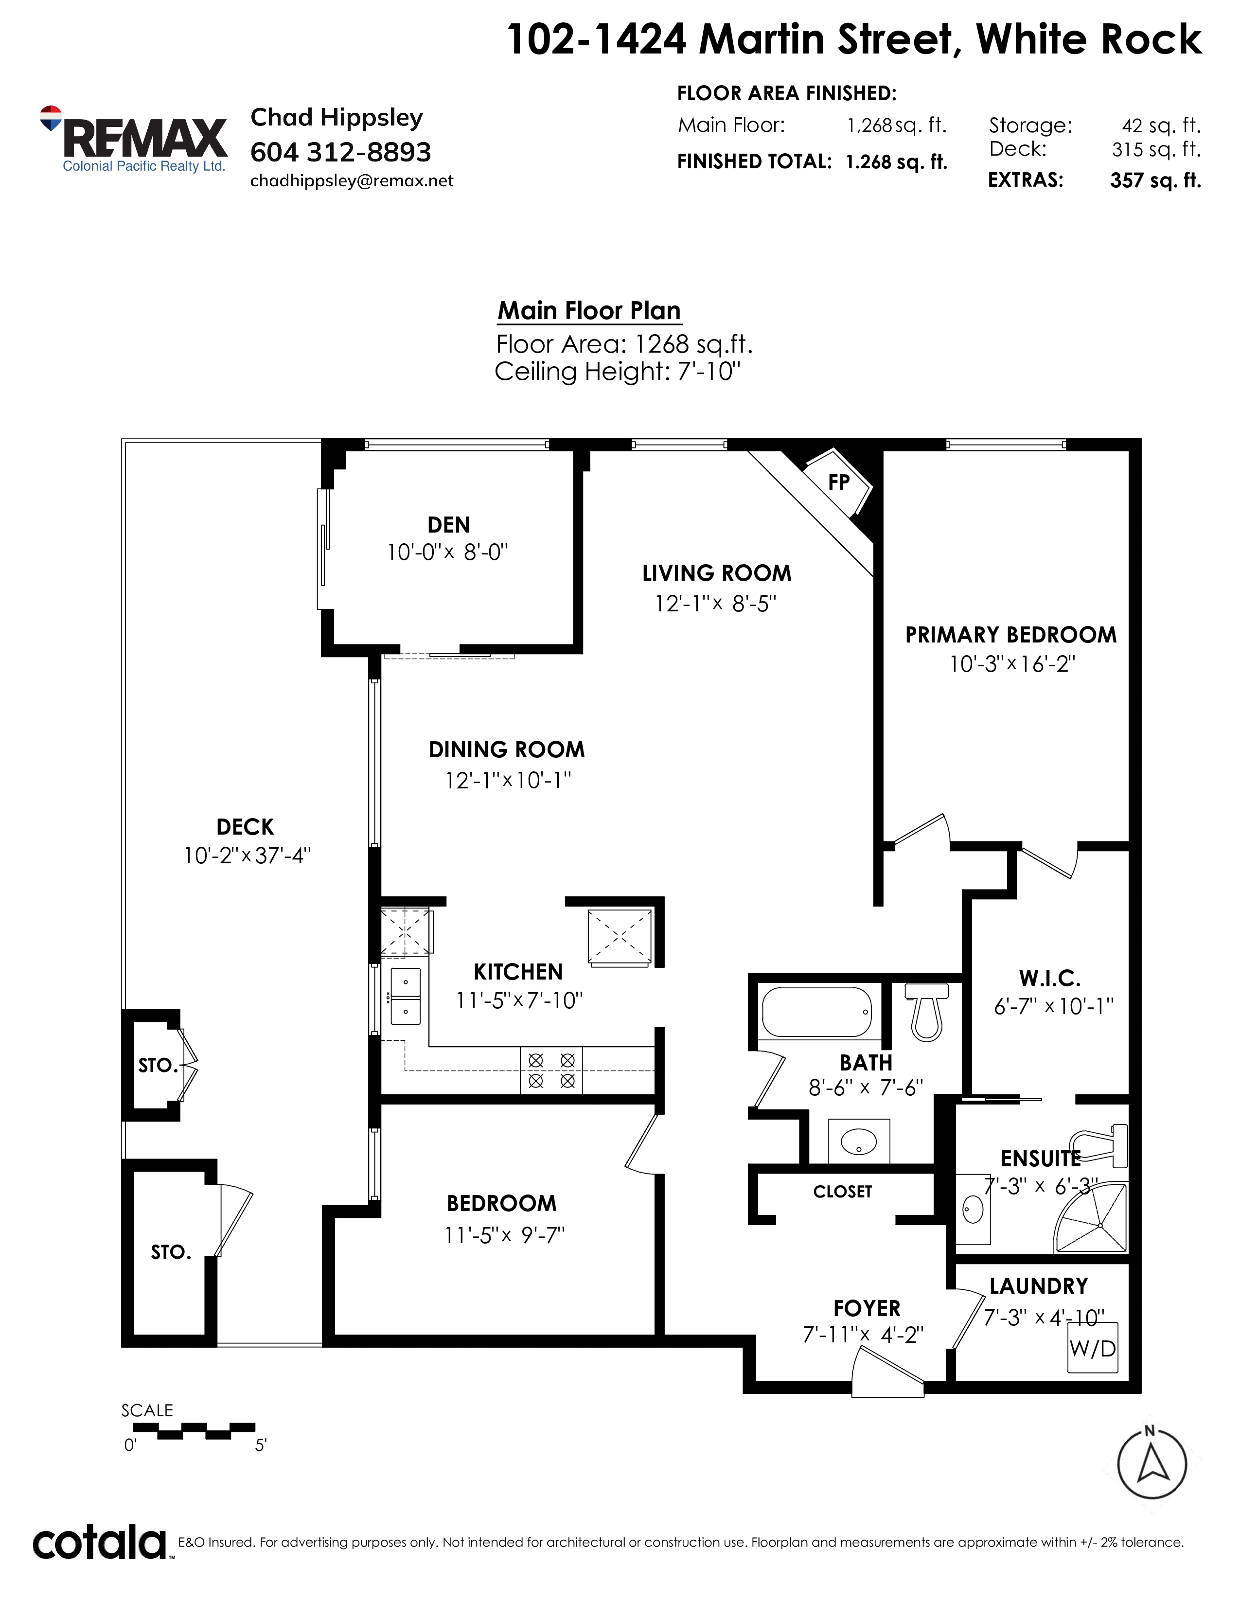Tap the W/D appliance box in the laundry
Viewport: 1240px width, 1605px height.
[x=1092, y=1348]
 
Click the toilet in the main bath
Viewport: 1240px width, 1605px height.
[x=927, y=1011]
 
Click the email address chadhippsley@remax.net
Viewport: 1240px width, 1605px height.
[x=352, y=181]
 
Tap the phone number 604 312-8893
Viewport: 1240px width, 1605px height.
[x=341, y=152]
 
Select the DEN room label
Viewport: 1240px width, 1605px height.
[x=449, y=525]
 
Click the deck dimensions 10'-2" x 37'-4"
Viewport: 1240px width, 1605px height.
[x=248, y=856]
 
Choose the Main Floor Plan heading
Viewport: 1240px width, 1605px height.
[x=589, y=310]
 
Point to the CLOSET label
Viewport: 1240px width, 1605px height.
[x=843, y=1191]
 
